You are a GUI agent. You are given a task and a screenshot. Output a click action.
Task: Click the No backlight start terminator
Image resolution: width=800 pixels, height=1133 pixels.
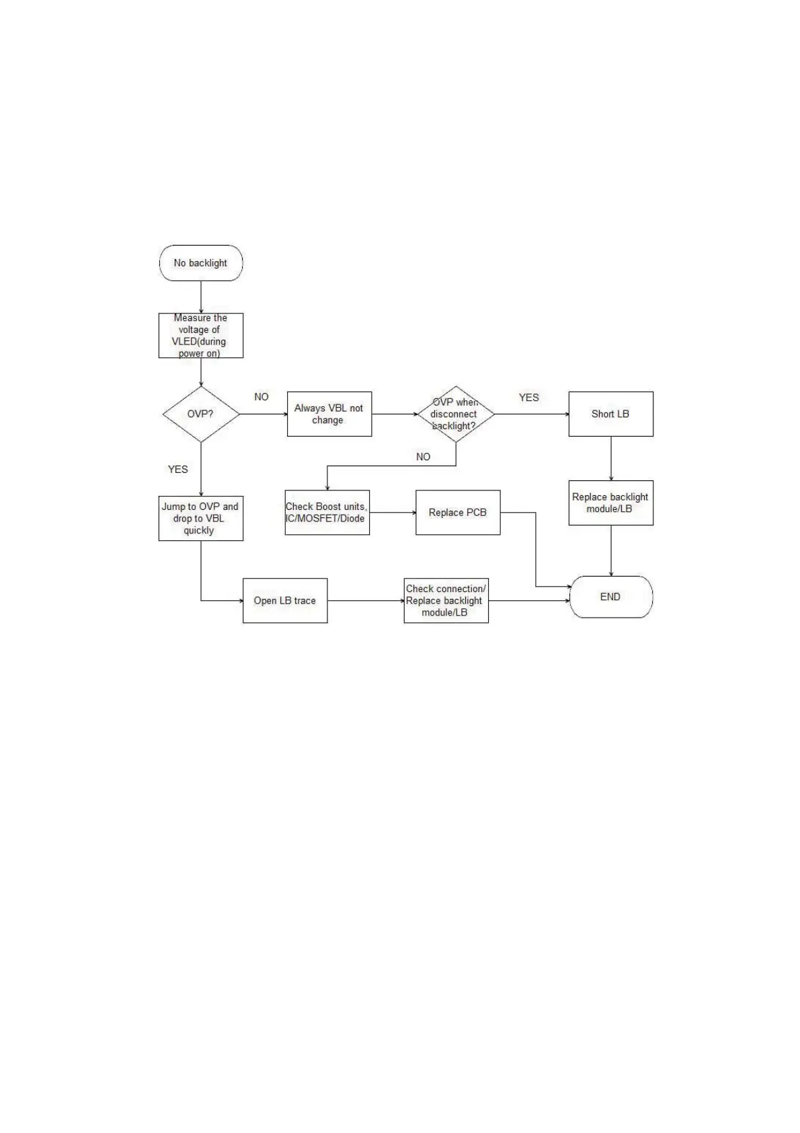pyautogui.click(x=200, y=263)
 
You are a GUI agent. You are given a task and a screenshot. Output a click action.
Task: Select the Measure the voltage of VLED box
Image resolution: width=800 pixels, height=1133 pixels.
pyautogui.click(x=200, y=335)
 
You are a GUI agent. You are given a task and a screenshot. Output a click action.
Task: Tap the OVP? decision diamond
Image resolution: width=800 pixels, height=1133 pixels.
pyautogui.click(x=200, y=414)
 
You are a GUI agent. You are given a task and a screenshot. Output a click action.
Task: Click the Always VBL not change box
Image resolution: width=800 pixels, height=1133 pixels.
pyautogui.click(x=329, y=414)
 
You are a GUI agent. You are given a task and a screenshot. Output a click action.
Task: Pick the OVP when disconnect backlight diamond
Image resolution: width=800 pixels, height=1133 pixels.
pyautogui.click(x=455, y=414)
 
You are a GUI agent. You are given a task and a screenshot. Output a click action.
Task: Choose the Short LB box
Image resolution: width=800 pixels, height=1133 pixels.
pyautogui.click(x=610, y=414)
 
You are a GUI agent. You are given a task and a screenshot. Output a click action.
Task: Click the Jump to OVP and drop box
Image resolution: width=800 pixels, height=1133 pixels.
pyautogui.click(x=200, y=518)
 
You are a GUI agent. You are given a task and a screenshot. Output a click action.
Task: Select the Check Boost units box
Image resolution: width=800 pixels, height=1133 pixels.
pyautogui.click(x=327, y=513)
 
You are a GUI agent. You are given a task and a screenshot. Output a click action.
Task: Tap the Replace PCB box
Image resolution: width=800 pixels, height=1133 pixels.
pyautogui.click(x=458, y=513)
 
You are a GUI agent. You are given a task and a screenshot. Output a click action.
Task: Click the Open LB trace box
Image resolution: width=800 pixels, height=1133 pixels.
pyautogui.click(x=284, y=601)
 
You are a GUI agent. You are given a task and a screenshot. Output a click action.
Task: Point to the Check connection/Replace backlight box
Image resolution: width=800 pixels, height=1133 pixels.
pyautogui.click(x=446, y=601)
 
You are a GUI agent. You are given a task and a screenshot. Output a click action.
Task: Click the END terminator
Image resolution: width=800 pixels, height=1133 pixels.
pyautogui.click(x=610, y=597)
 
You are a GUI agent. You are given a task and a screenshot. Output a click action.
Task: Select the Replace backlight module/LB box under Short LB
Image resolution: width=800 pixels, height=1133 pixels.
pyautogui.click(x=610, y=503)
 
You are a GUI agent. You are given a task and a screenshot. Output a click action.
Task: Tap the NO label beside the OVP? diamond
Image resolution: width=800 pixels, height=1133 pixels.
pyautogui.click(x=262, y=397)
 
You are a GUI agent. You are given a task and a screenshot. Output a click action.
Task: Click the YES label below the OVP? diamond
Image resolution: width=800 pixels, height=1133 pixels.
pyautogui.click(x=178, y=470)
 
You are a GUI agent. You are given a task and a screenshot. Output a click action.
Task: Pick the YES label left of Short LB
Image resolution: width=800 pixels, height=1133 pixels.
pyautogui.click(x=529, y=398)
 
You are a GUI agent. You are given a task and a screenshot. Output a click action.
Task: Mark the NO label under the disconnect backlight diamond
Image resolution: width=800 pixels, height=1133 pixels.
pyautogui.click(x=423, y=457)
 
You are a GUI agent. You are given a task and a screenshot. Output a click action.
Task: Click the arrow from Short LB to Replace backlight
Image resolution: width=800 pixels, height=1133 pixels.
pyautogui.click(x=610, y=458)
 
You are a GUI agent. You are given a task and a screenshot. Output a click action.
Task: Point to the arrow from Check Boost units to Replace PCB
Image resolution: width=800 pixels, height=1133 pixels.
pyautogui.click(x=393, y=513)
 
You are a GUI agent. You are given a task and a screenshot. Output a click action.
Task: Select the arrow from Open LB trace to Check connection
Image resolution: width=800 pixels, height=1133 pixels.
pyautogui.click(x=365, y=601)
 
